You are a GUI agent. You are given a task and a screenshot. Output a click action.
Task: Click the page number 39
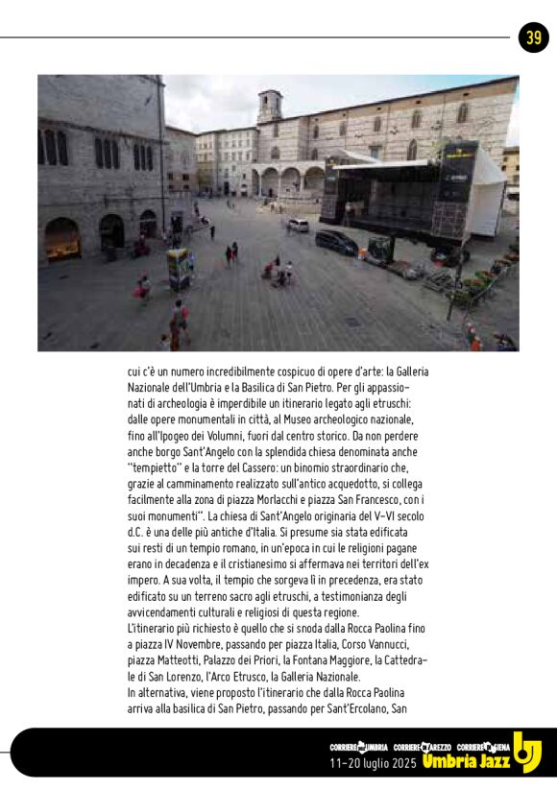coord(533,37)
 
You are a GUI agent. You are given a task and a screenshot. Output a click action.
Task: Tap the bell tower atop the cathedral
coord(270,106)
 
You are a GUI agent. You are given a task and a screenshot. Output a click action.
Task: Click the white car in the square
coord(299,226)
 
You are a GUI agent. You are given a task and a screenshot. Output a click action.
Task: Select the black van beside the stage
coord(337,242)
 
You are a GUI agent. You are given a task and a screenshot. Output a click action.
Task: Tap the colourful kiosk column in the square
coord(179,269)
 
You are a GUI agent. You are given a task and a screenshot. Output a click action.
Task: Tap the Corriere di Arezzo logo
coord(424,746)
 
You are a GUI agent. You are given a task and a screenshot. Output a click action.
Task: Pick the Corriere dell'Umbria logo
coord(358,746)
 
